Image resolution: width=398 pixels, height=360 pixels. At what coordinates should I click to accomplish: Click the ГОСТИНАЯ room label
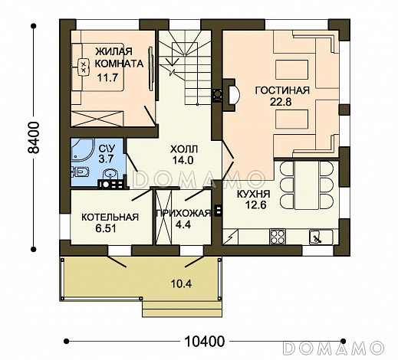pyautogui.click(x=282, y=90)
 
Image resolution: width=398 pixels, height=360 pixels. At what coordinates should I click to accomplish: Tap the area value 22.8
pyautogui.click(x=281, y=102)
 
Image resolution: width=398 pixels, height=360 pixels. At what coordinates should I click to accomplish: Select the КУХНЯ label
pyautogui.click(x=254, y=194)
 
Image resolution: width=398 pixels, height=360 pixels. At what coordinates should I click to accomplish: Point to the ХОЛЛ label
pyautogui.click(x=184, y=149)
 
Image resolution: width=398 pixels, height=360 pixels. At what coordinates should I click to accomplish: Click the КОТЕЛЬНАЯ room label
pyautogui.click(x=110, y=218)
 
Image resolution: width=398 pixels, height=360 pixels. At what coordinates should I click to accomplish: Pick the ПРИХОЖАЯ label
pyautogui.click(x=183, y=213)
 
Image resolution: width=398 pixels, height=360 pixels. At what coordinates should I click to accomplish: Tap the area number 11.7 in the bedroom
pyautogui.click(x=107, y=77)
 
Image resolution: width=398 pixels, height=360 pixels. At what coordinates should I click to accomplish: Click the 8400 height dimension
pyautogui.click(x=34, y=137)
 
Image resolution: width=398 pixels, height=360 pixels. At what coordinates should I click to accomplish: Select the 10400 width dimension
pyautogui.click(x=204, y=341)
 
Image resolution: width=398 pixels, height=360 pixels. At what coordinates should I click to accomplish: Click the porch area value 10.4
pyautogui.click(x=181, y=283)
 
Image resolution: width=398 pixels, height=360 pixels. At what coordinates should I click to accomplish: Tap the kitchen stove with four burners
pyautogui.click(x=278, y=237)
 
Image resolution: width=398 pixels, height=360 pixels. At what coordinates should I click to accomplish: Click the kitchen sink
pyautogui.click(x=317, y=237)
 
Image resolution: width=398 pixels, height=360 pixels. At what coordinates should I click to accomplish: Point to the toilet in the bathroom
pyautogui.click(x=81, y=172)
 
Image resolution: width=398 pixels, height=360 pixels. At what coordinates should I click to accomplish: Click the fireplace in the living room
pyautogui.click(x=232, y=95)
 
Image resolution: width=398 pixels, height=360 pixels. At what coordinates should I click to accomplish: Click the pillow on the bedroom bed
pyautogui.click(x=83, y=67)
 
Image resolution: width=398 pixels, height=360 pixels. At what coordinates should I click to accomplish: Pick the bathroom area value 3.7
pyautogui.click(x=106, y=159)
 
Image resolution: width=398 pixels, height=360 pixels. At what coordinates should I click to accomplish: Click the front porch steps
pyautogui.click(x=182, y=309)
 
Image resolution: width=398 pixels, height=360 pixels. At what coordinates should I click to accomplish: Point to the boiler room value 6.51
pyautogui.click(x=106, y=228)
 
